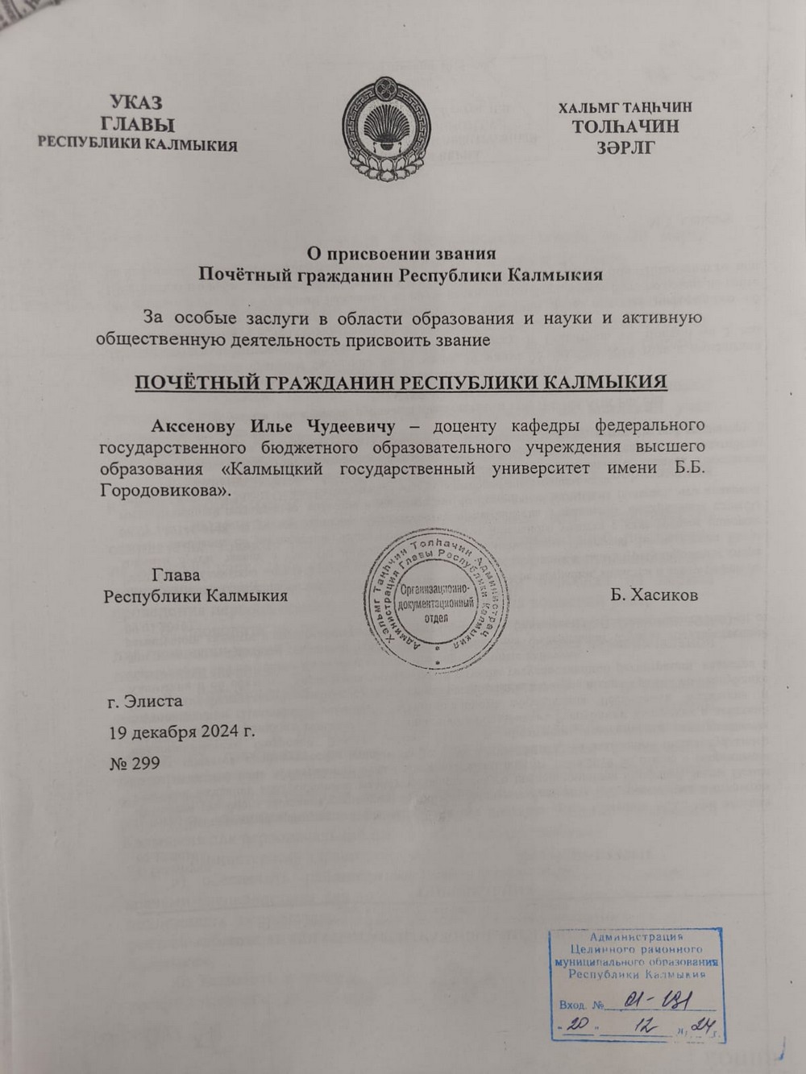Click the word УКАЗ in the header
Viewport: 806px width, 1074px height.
(x=135, y=102)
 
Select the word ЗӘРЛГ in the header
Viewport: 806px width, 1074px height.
(x=625, y=147)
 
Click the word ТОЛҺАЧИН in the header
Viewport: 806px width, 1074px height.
(x=625, y=126)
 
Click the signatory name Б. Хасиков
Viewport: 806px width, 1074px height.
(x=654, y=595)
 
